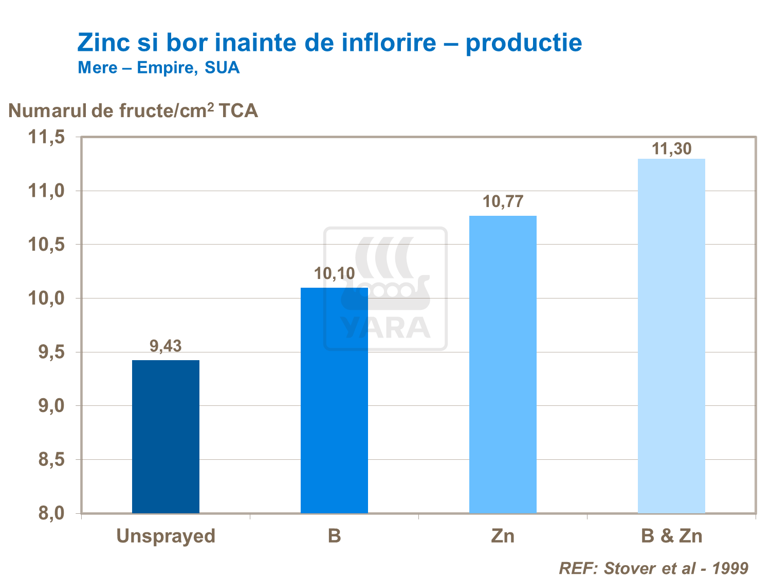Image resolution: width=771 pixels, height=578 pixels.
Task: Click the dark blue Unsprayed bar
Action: [x=166, y=436]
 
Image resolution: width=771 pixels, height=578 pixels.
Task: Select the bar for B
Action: [x=334, y=400]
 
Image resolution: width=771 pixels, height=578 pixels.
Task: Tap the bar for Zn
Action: [x=503, y=364]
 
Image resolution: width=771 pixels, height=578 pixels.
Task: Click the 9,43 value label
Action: [x=166, y=346]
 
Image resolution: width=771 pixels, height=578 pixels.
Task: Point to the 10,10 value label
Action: [x=334, y=273]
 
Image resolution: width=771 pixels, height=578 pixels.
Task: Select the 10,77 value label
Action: [x=503, y=201]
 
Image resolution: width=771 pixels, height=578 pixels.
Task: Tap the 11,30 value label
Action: [x=671, y=148]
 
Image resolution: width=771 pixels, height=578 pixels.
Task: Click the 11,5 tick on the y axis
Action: [x=46, y=137]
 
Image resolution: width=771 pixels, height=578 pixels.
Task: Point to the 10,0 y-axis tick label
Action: [x=46, y=298]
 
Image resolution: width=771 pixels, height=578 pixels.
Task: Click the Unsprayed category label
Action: [x=166, y=536]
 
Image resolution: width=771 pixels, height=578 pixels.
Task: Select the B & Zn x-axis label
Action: [x=671, y=536]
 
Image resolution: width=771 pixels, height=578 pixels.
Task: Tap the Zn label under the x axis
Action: [x=503, y=536]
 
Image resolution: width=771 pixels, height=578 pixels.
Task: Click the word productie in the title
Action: [x=524, y=43]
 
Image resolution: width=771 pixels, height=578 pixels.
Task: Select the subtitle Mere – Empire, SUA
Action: [x=158, y=68]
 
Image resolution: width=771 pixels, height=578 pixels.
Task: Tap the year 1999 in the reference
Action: [x=730, y=568]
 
